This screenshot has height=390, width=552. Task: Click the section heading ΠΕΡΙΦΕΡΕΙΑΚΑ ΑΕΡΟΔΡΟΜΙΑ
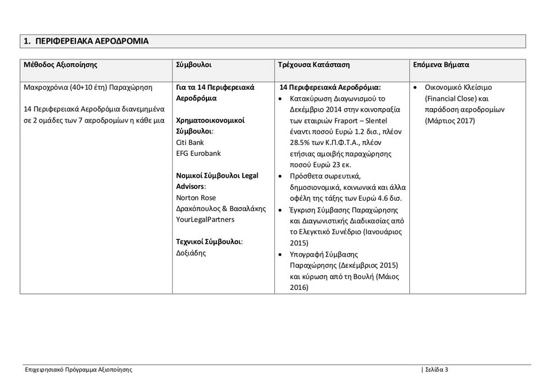[91, 41]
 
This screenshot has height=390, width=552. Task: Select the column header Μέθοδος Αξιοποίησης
[60, 65]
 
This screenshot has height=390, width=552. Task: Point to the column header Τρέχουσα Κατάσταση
[313, 65]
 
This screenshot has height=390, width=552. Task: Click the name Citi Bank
[190, 143]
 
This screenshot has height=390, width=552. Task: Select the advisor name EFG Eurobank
[198, 154]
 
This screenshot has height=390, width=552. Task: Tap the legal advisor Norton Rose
[196, 198]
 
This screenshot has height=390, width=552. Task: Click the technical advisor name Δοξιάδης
[191, 253]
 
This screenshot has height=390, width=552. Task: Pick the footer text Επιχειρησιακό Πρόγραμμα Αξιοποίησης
[79, 370]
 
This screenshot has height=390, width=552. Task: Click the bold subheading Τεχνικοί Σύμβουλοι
[209, 242]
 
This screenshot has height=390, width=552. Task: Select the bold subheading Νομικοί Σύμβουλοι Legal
[219, 175]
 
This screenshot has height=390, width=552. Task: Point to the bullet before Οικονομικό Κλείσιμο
[416, 88]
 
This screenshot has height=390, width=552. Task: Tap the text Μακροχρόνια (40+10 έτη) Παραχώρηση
[88, 87]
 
